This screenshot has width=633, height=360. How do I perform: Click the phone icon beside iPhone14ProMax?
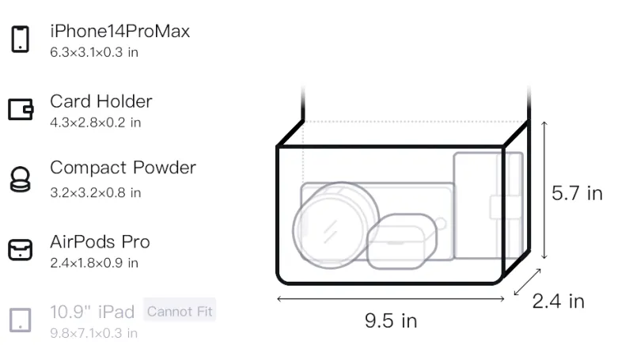21,39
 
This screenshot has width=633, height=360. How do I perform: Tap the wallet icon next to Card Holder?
21,109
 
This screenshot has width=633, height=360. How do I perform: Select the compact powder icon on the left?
21,179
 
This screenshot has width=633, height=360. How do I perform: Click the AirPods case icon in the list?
21,250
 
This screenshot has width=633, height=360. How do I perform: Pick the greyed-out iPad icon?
21,320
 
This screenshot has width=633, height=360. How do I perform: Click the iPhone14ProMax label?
120,31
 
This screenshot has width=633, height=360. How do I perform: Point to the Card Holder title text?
101,101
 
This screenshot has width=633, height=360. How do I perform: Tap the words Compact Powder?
123,168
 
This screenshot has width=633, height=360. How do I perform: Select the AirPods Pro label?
100,242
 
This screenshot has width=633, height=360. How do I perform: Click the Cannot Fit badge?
180,311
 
